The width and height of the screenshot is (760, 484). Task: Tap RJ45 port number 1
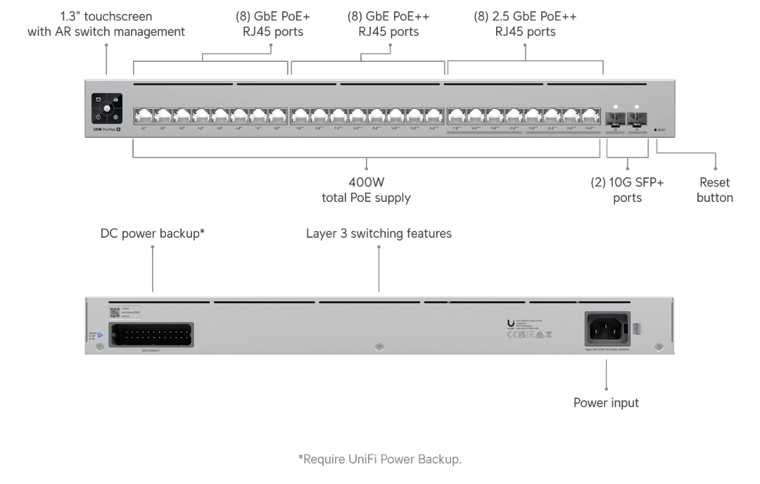click(144, 115)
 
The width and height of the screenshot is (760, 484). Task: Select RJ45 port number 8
click(278, 115)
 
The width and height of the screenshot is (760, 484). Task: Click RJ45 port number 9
click(300, 115)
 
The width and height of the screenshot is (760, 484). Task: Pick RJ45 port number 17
click(457, 115)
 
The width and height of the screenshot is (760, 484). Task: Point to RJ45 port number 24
click(590, 115)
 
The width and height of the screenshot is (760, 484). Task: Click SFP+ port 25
click(615, 117)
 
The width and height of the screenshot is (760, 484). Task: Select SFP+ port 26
click(637, 117)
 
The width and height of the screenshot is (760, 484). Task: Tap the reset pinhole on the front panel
click(655, 129)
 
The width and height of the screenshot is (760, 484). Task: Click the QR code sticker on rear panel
click(114, 312)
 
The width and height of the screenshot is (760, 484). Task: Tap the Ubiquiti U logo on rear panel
click(510, 324)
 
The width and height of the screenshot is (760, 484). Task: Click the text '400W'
click(366, 182)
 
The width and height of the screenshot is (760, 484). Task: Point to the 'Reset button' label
click(714, 190)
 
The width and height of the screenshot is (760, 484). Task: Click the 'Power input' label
click(606, 403)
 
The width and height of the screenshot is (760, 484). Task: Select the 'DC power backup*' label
click(153, 233)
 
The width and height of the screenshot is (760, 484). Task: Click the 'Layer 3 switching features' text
click(379, 233)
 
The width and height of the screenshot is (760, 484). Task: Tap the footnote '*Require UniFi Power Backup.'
click(380, 459)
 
